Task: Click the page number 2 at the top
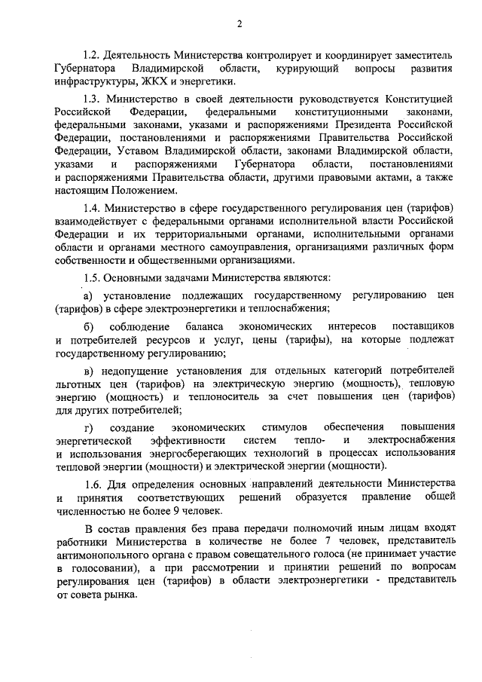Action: pyautogui.click(x=239, y=24)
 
